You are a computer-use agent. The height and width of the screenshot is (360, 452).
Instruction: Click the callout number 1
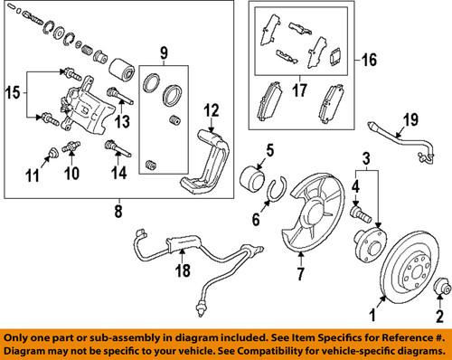pos(369,317)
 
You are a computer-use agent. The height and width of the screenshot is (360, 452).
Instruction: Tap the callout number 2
pos(442,317)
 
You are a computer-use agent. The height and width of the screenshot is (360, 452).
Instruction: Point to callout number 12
pos(211,111)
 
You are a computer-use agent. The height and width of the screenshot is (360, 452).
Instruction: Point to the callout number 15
pos(13,91)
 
